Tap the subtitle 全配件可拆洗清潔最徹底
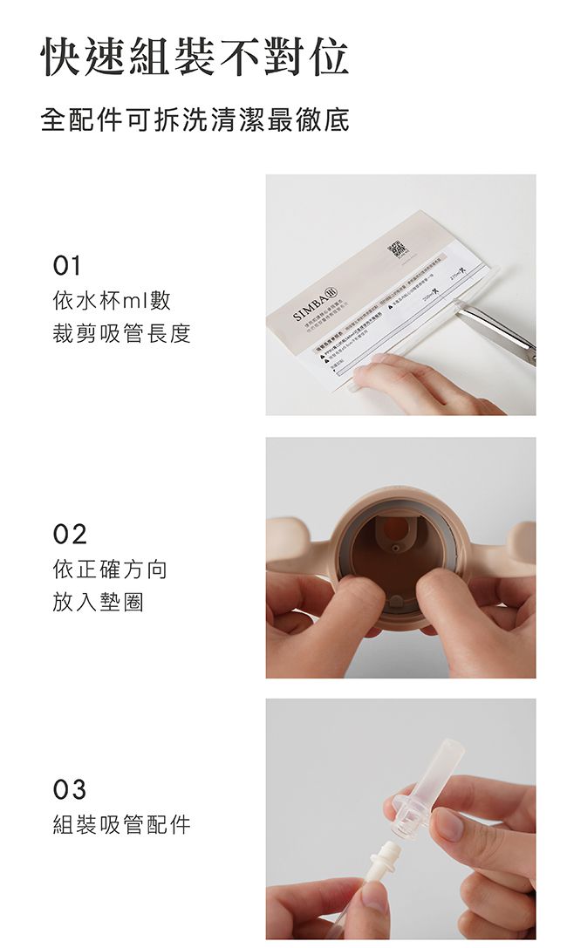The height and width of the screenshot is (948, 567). coord(195,119)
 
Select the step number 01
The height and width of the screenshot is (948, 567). coord(67,265)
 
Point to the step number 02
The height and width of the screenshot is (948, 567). coord(70,534)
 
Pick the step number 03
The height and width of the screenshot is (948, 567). coord(70,790)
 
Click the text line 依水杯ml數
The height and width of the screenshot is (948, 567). coord(112,302)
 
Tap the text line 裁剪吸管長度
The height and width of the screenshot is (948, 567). coord(121,333)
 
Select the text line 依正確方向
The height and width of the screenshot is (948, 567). coord(110,570)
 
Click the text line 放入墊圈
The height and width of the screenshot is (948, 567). coord(98,602)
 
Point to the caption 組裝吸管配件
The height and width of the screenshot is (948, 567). coord(121,824)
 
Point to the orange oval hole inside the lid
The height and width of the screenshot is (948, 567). coord(397,528)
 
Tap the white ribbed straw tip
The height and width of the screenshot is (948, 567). coord(384,858)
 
